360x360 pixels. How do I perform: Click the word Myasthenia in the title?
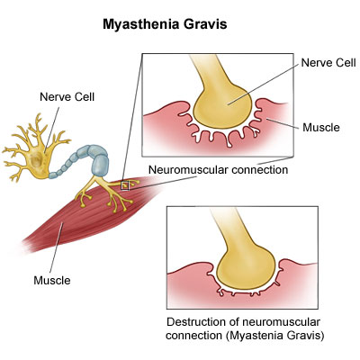coord(141,24)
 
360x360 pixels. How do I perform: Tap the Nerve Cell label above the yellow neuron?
coord(67,97)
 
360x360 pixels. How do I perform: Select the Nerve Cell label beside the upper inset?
coord(328,63)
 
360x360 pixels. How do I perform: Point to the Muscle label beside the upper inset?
coord(321,127)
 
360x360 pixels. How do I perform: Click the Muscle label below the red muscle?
coord(52,280)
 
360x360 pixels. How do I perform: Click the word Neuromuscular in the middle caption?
coord(189,169)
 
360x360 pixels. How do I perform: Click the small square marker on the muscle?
coord(125,185)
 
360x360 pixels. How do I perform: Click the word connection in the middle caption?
coord(260,170)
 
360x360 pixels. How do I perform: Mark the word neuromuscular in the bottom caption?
coord(280,322)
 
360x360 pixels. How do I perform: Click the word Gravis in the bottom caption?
coord(308,335)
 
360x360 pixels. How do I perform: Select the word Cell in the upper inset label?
coord(345,63)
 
